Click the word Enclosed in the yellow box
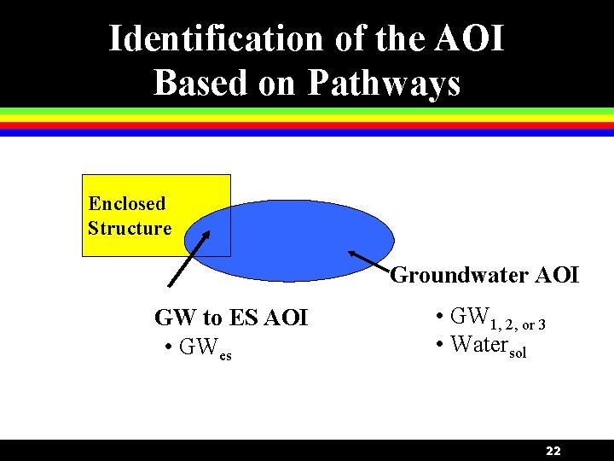[127, 203]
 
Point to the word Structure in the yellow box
[130, 228]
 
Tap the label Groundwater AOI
[484, 275]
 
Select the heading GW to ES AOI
[231, 318]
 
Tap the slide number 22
[553, 451]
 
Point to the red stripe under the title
[307, 125]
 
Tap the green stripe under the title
[307, 112]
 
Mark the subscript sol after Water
[518, 353]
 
